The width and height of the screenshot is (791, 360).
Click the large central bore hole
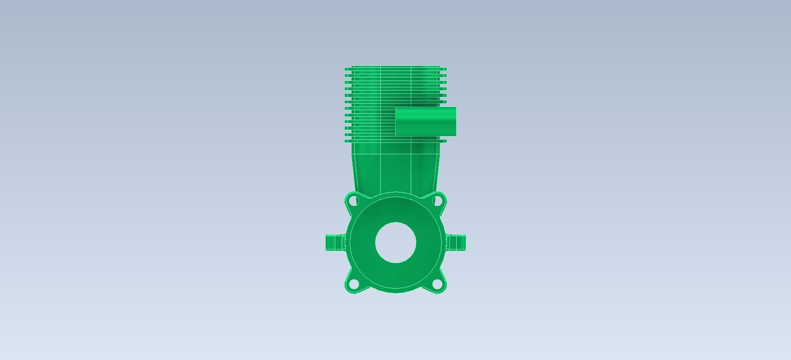[x=395, y=243]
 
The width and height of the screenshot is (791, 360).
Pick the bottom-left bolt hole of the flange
[x=354, y=285]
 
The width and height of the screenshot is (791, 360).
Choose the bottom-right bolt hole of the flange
[x=437, y=285]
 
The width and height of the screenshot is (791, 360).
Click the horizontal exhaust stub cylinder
[x=426, y=122]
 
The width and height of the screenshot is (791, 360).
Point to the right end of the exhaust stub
[x=455, y=122]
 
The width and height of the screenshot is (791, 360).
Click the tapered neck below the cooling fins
[x=395, y=168]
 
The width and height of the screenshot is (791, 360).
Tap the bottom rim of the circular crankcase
[x=395, y=291]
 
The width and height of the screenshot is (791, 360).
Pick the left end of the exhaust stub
[x=397, y=122]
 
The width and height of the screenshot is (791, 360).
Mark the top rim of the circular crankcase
[x=395, y=193]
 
